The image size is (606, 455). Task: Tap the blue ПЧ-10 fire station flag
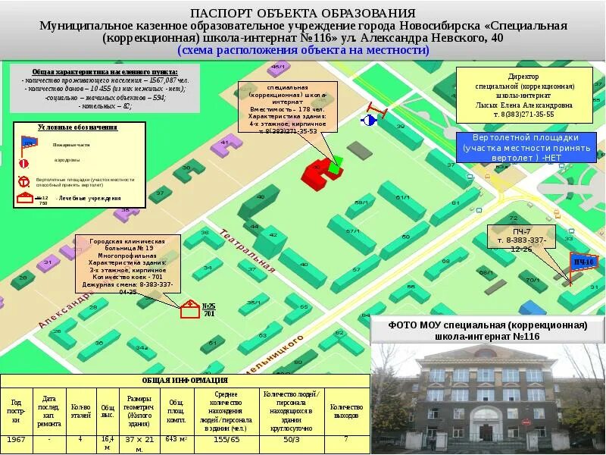coord(582,262)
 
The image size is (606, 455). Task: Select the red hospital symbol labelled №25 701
coord(189,309)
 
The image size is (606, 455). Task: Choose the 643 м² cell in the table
coord(176,439)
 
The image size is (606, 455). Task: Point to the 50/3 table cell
coord(291,439)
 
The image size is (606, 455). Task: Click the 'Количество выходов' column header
coord(345,407)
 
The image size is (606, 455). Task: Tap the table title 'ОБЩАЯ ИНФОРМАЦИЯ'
coord(185,380)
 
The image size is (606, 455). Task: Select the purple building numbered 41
coord(220,149)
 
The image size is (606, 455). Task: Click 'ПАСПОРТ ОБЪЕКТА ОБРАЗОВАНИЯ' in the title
coord(302,14)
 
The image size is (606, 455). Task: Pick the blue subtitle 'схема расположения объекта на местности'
coord(303,50)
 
